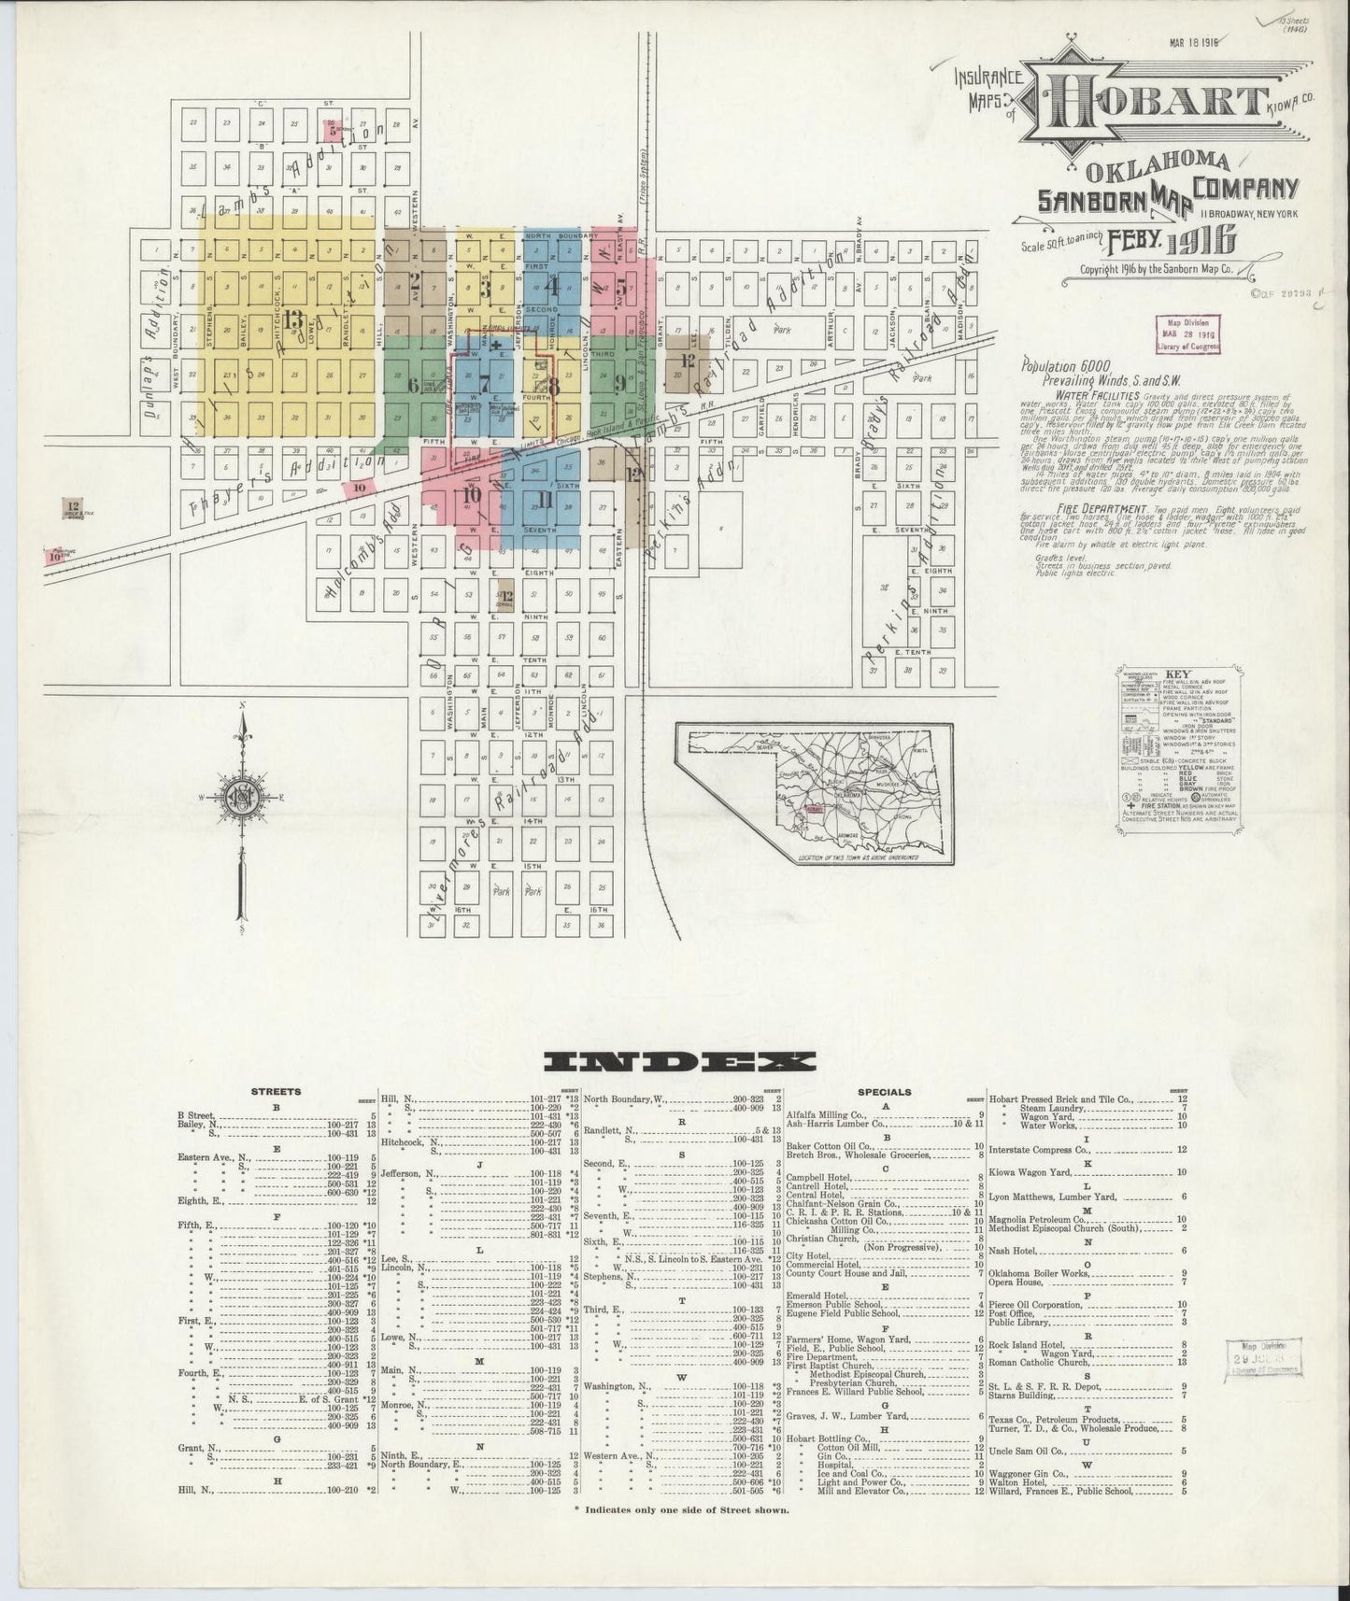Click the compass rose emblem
[x=242, y=797]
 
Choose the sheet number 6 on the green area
[x=412, y=384]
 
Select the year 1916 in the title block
[x=1199, y=241]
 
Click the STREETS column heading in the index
[x=277, y=1092]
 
